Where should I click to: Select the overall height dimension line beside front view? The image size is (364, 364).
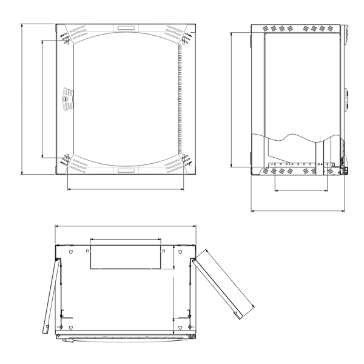pyautogui.click(x=22, y=100)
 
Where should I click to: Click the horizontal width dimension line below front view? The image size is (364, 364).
pyautogui.click(x=125, y=189)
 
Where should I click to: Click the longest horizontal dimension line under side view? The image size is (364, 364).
pyautogui.click(x=298, y=212)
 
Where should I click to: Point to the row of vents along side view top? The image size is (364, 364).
pyautogui.click(x=297, y=29)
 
